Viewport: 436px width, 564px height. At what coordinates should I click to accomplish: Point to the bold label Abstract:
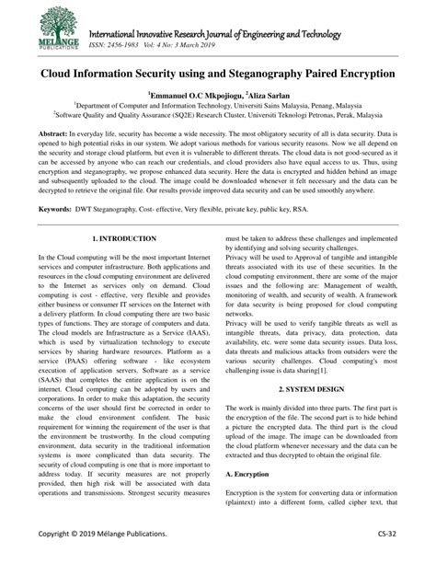click(x=54, y=132)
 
